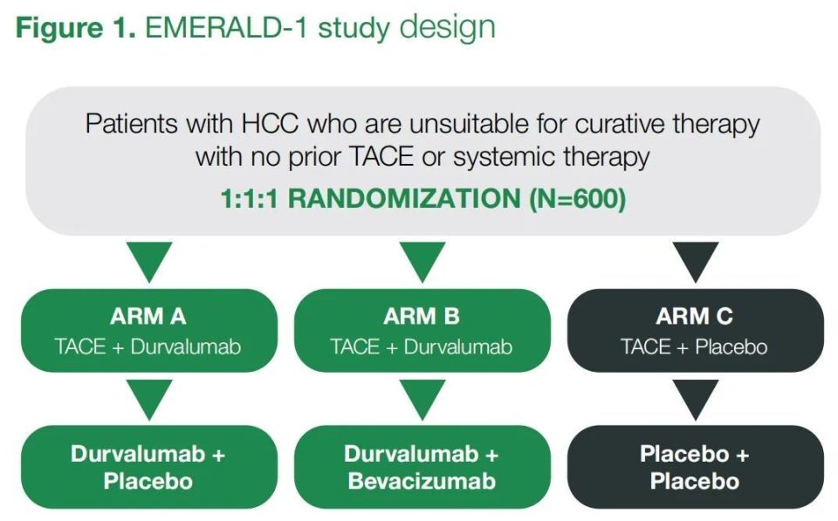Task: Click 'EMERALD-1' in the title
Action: pos(227,28)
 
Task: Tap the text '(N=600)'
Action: pos(577,199)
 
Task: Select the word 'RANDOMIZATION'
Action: pos(404,199)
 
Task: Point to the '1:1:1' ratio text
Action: pos(249,199)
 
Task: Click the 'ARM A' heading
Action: pos(148,316)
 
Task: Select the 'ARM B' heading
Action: pos(421,316)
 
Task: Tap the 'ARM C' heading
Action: pos(694,316)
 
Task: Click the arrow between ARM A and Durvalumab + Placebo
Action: pos(149,398)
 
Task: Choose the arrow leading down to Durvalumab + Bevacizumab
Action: pos(422,398)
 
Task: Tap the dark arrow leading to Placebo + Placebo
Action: pos(696,398)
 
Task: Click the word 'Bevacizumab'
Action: pos(422,482)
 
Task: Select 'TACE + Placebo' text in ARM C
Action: pos(694,347)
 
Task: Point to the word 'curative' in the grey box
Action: pos(619,124)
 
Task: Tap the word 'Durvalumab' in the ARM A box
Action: pos(185,347)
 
